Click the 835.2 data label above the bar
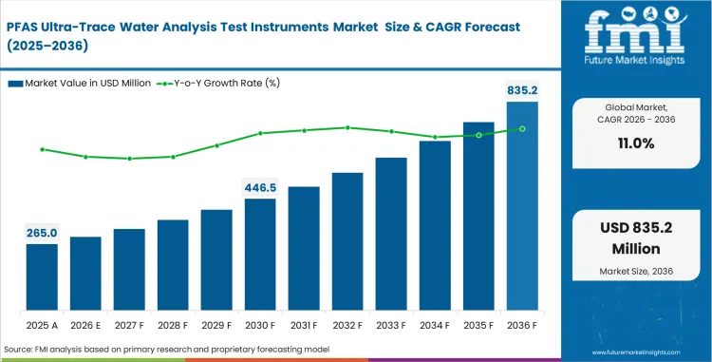522,89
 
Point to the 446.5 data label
260,187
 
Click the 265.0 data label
42,233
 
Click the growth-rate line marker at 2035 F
478,135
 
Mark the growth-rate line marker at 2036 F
522,128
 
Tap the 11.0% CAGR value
635,143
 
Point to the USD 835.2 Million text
635,240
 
